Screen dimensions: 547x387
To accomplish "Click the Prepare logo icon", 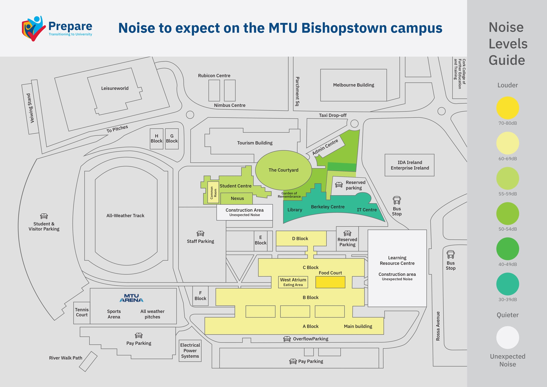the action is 34,28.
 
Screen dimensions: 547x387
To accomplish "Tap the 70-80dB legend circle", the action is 508,108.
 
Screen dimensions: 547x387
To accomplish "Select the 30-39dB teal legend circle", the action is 508,284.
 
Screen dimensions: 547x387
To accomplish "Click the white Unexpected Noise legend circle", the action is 508,337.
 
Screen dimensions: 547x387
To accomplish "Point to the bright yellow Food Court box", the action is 330,282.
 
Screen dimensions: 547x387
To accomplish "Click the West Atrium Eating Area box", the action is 293,282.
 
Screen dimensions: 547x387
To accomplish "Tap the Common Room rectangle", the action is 213,192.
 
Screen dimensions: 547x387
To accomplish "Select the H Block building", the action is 157,139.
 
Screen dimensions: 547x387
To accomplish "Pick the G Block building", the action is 172,139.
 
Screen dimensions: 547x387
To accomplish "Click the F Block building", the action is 200,296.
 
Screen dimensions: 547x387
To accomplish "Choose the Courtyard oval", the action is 284,170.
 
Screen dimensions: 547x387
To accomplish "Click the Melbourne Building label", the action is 354,85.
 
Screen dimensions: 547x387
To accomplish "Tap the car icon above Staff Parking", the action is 200,233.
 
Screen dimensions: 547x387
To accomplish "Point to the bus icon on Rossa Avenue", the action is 451,255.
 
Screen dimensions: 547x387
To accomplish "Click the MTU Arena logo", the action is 132,298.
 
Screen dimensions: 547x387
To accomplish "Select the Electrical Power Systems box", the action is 190,351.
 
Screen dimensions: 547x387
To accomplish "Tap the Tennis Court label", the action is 82,312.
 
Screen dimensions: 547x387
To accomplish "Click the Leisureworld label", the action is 115,88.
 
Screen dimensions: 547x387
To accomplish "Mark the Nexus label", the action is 237,198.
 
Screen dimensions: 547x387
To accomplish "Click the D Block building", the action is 301,238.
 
